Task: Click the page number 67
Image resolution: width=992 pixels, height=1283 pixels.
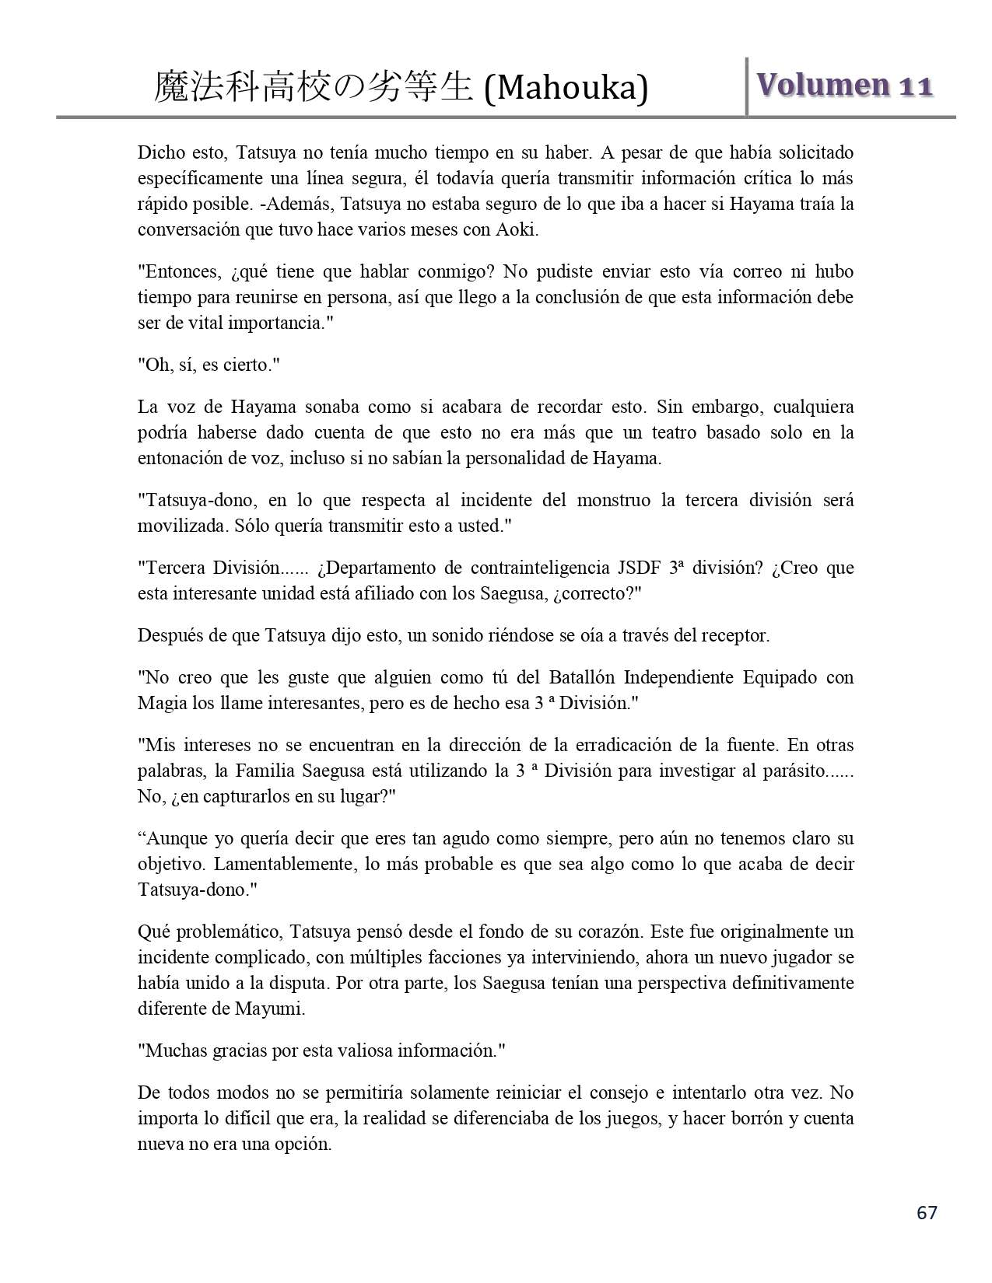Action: pyautogui.click(x=927, y=1212)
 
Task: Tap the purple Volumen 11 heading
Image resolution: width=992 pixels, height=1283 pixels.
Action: pyautogui.click(x=845, y=85)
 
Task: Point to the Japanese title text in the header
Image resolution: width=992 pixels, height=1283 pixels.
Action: pyautogui.click(x=313, y=88)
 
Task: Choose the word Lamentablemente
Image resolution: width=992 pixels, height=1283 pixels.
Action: pyautogui.click(x=282, y=864)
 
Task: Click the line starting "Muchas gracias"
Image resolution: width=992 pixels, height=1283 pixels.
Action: pyautogui.click(x=321, y=1051)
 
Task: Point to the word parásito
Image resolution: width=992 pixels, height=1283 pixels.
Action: pyautogui.click(x=796, y=771)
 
